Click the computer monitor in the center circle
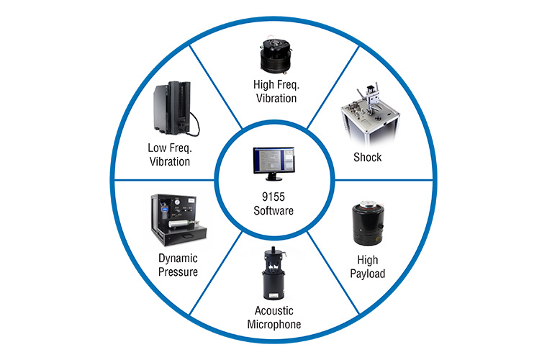(274, 163)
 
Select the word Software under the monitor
(273, 211)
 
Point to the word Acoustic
(273, 311)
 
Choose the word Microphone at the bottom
(273, 324)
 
